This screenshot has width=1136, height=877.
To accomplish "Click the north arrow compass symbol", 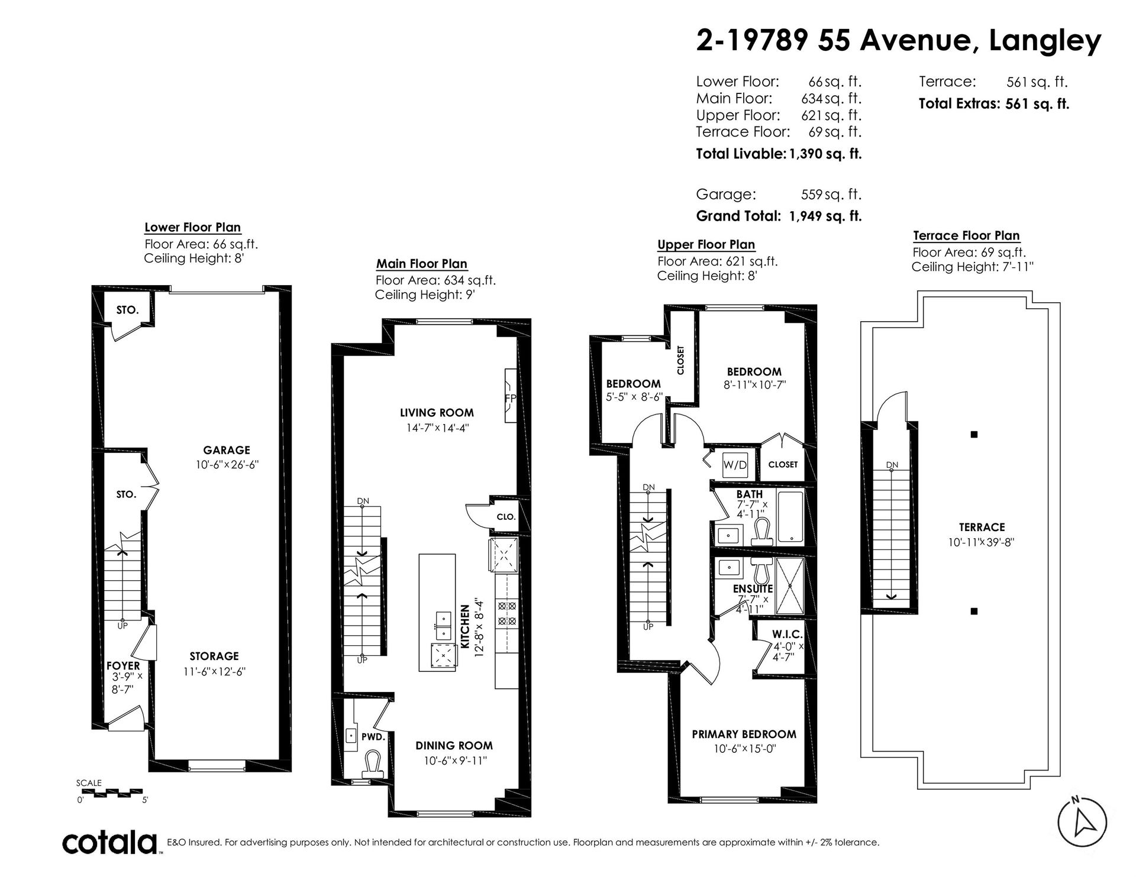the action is click(x=1082, y=822).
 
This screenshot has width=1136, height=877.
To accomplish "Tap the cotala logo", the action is click(x=110, y=842).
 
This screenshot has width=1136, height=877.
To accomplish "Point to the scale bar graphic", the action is click(x=109, y=791).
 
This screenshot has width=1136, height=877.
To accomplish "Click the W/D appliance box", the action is click(x=735, y=465).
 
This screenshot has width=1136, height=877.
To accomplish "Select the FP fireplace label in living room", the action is click(x=510, y=398).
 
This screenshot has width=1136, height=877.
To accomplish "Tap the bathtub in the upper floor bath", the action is click(x=789, y=517).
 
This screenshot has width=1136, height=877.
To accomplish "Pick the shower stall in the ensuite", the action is click(x=789, y=586).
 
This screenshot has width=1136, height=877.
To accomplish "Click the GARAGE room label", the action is click(x=227, y=450).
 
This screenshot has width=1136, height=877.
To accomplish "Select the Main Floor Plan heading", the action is click(x=422, y=264).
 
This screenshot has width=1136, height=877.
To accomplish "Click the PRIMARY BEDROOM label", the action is click(x=744, y=734).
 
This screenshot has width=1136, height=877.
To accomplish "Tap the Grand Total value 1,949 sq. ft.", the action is click(x=825, y=216).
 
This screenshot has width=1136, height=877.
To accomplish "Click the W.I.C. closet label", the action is click(x=788, y=635).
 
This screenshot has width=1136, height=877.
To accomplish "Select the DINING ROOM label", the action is click(x=454, y=746).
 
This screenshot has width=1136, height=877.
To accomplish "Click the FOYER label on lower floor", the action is click(x=123, y=665).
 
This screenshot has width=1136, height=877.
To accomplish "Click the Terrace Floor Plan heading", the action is click(x=966, y=236).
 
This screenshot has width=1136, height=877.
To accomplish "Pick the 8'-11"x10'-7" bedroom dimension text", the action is click(x=754, y=384).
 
